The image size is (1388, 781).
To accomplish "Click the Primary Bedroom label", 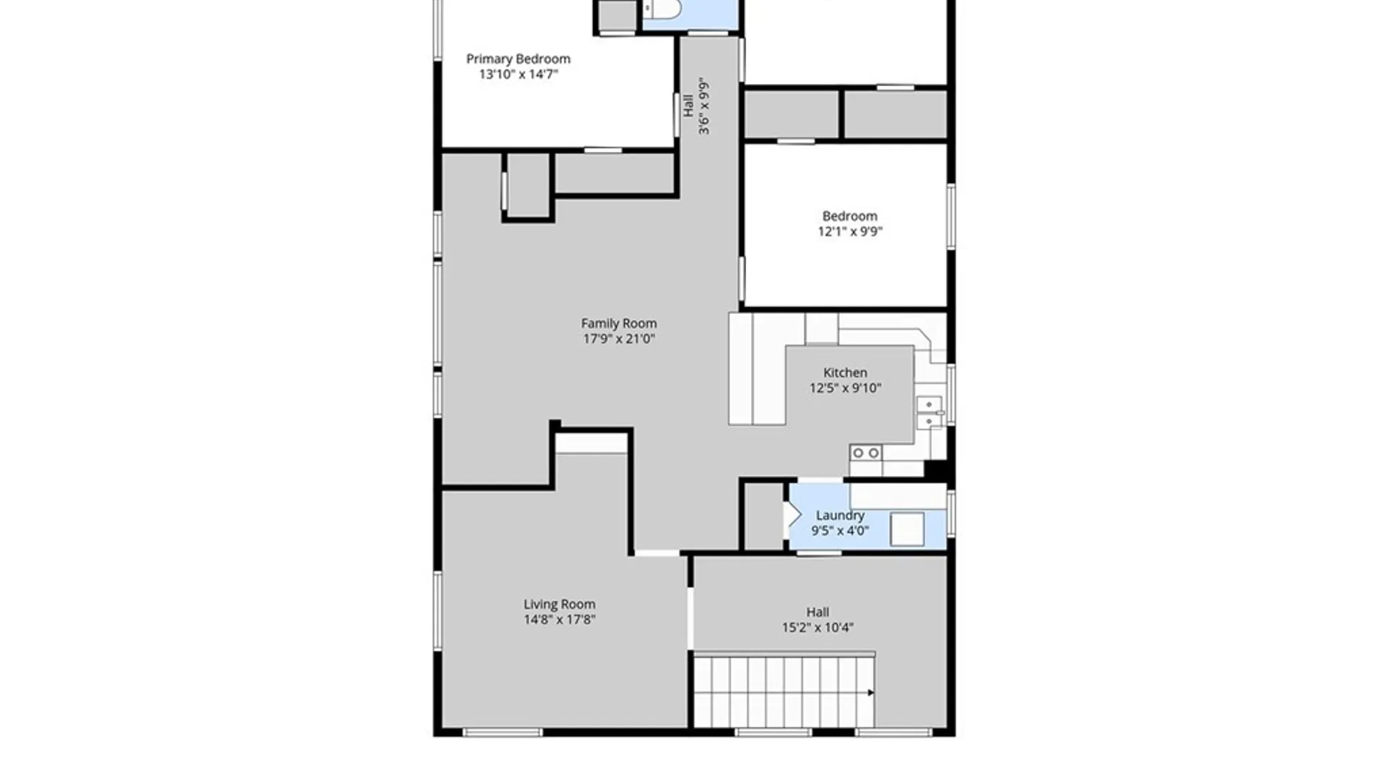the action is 518,59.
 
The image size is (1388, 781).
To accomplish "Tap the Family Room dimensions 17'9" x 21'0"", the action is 619,338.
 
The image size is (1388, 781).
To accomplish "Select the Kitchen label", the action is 845,372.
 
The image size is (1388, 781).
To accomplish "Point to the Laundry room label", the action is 840,515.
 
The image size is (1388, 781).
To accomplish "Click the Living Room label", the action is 560,604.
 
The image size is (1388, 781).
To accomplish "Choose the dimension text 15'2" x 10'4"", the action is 818,627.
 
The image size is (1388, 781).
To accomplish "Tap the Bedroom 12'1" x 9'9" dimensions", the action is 850,231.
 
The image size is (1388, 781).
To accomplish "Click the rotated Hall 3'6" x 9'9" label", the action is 696,107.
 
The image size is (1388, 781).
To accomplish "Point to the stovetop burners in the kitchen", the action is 865,453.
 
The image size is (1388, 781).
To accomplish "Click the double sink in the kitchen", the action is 930,413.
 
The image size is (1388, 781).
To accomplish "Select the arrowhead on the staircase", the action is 871,693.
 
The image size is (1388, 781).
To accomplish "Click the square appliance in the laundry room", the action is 907,529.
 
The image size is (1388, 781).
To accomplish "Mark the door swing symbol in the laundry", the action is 793,515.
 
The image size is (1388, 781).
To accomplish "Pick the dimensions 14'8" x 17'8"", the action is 560,619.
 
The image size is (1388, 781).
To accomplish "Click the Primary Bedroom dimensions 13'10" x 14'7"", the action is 518,74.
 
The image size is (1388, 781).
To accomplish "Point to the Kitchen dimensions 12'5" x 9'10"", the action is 845,388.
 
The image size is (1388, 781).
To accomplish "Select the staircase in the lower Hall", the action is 784,690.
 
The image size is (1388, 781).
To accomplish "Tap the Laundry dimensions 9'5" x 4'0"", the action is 840,530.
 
